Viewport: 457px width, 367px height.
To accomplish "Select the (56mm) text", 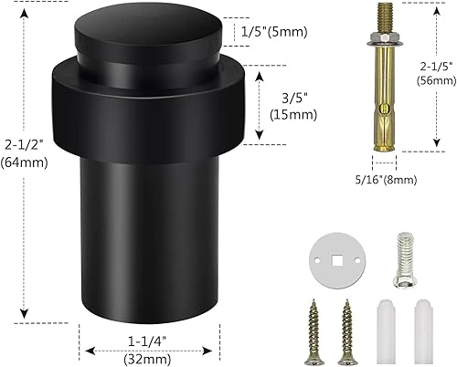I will click(433, 79).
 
